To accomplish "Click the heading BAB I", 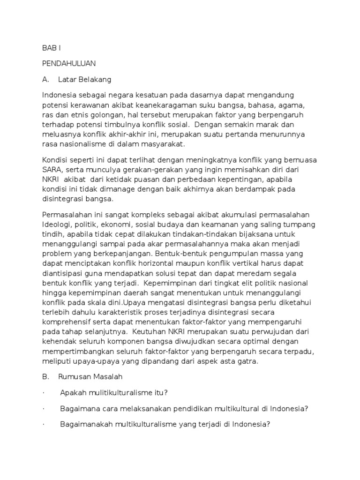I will [x=51, y=48].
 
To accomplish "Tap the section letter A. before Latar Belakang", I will [x=46, y=79].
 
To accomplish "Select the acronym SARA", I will [x=52, y=170].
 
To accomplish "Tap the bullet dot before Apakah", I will [x=43, y=392].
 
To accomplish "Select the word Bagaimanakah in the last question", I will [x=85, y=425].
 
